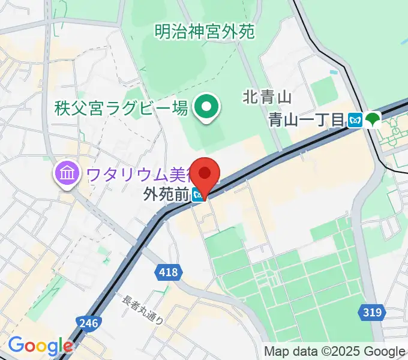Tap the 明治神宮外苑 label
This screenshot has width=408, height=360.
coord(204,30)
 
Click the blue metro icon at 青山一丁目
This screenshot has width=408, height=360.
coord(356,120)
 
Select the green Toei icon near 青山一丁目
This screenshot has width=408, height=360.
coord(374,119)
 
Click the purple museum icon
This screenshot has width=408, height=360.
coord(66,175)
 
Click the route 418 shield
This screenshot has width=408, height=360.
coord(169,272)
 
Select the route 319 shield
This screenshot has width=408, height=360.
coord(373,311)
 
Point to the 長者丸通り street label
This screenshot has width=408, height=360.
coord(143,310)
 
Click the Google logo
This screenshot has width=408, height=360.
coord(40,346)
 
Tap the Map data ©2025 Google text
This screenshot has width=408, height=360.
coord(335,351)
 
